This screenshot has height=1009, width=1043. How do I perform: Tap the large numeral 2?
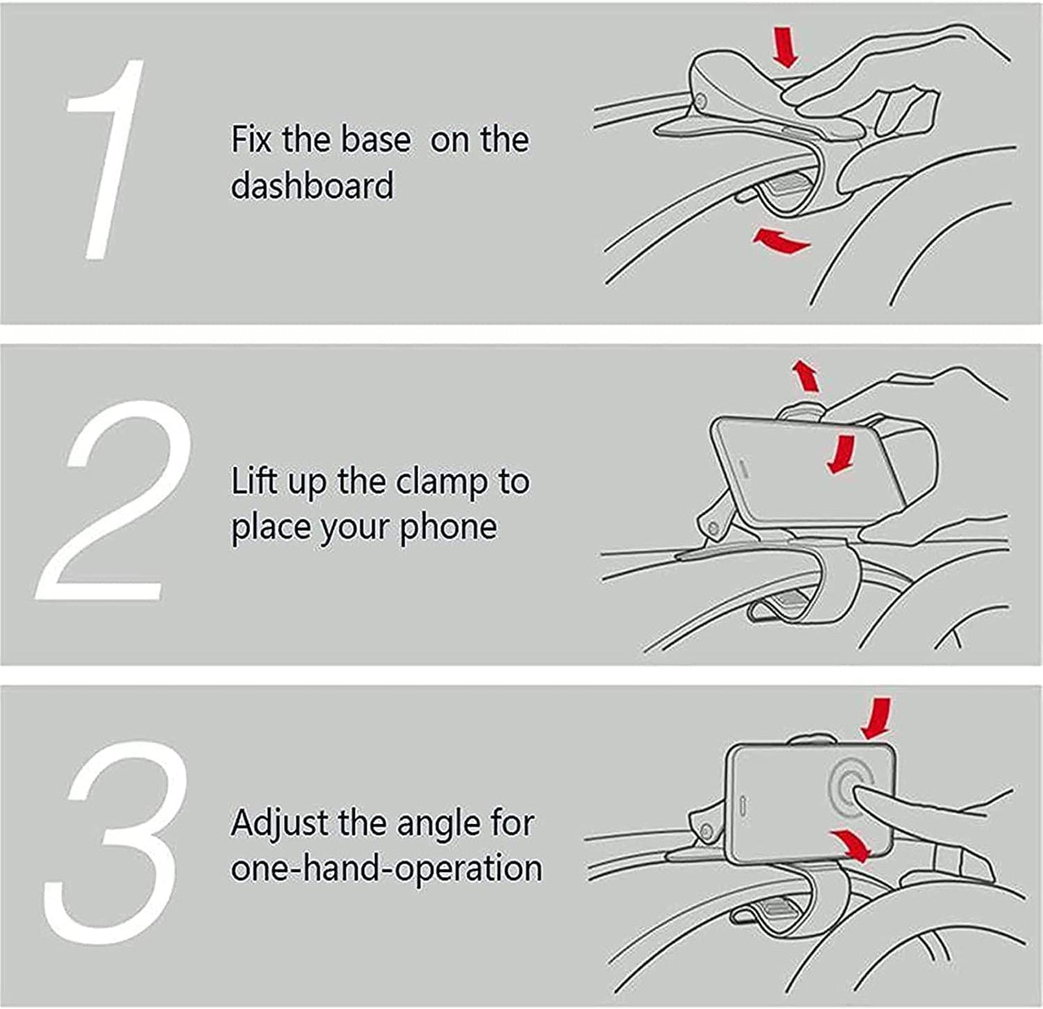(113, 500)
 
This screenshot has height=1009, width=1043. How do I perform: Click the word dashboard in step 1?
(312, 186)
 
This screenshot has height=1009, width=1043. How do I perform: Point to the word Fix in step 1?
(251, 139)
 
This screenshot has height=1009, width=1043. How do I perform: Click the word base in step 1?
(376, 139)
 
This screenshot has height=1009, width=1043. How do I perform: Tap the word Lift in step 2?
(254, 481)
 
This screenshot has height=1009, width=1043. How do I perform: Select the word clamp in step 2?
(442, 482)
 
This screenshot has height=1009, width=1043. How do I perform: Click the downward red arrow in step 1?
(786, 48)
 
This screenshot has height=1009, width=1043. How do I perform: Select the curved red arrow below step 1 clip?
(780, 242)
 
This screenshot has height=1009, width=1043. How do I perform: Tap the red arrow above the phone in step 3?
(876, 717)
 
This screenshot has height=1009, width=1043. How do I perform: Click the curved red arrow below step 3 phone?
(852, 845)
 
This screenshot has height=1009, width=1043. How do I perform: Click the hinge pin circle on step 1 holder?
(701, 100)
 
